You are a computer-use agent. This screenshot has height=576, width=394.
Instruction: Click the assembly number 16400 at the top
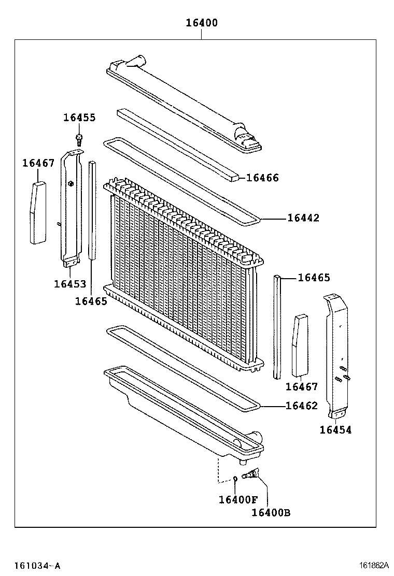click(202, 23)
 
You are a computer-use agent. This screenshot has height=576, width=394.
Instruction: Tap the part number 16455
click(79, 118)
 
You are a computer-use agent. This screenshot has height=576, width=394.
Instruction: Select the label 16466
click(262, 178)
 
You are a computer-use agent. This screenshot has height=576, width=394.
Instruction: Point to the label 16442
click(303, 218)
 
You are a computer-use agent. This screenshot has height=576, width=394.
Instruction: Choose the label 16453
click(70, 284)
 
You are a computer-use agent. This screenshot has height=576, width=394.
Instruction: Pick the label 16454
click(335, 429)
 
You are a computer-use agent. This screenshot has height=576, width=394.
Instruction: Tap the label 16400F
click(238, 499)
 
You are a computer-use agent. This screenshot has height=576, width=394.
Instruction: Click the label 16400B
click(271, 512)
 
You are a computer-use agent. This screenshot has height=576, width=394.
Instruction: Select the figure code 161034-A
click(37, 566)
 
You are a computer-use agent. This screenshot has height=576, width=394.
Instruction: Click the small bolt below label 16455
click(79, 138)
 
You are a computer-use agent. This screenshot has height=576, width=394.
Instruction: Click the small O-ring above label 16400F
click(235, 478)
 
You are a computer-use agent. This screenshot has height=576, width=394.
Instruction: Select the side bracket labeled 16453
click(71, 207)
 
